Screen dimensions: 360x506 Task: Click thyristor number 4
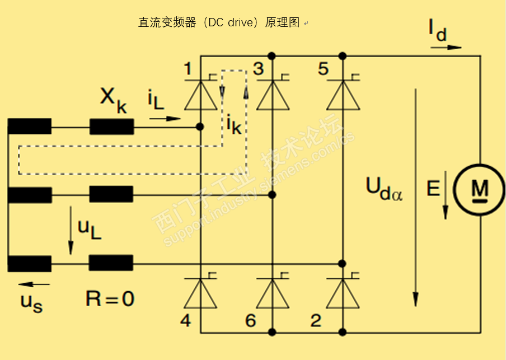(x=200, y=293)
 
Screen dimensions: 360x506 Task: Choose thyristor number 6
(x=272, y=293)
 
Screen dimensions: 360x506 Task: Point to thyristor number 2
(x=343, y=293)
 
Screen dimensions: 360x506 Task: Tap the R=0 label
(x=110, y=298)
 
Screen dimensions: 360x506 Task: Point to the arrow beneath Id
(x=446, y=48)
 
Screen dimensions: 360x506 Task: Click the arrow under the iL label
(x=165, y=119)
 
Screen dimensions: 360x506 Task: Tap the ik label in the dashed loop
(x=234, y=124)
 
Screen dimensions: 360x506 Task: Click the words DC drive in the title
(x=229, y=23)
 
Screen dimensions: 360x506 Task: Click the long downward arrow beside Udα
(x=415, y=196)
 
